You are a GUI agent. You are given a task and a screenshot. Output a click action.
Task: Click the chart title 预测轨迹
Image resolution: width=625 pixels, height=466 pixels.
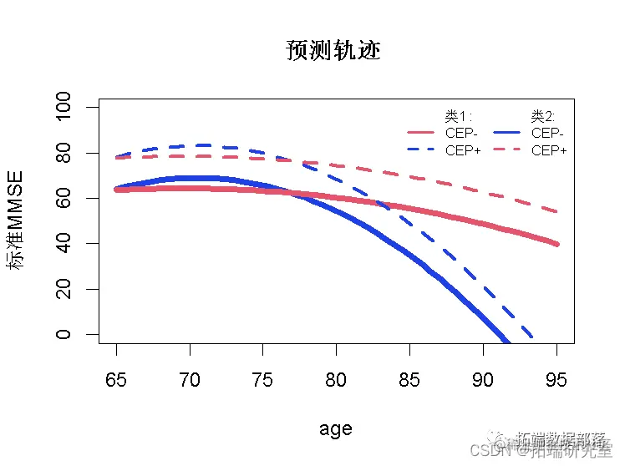333,51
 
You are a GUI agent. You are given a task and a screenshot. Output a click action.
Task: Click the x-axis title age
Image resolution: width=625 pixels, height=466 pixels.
335,429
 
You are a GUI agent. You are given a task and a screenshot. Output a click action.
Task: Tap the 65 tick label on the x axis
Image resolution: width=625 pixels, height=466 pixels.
117,380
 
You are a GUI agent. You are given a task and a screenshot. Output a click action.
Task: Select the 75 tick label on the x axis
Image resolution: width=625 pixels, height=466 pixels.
263,380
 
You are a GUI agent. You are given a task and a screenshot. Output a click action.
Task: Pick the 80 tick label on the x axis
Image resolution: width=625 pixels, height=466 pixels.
337,380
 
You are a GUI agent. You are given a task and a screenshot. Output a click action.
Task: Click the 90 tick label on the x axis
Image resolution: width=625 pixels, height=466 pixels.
483,380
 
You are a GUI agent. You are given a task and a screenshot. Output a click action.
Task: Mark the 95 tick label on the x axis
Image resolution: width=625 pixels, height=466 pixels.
556,380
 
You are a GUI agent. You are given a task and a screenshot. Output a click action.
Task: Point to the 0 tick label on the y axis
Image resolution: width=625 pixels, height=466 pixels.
63,335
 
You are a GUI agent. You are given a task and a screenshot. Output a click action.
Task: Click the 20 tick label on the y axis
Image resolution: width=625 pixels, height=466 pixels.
63,289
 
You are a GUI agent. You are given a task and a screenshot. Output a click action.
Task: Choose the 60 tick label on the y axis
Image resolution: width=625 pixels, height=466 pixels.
63,198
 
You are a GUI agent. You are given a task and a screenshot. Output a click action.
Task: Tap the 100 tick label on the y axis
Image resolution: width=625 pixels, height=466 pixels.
63,108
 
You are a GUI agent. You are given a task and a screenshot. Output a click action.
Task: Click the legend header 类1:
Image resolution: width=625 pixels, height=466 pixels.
459,116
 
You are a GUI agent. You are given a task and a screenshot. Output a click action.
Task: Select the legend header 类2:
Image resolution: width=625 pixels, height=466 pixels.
543,116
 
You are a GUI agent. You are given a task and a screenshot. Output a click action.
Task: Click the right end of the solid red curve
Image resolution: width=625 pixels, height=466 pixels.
556,244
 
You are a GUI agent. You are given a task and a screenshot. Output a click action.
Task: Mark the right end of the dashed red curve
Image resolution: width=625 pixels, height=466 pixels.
556,211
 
